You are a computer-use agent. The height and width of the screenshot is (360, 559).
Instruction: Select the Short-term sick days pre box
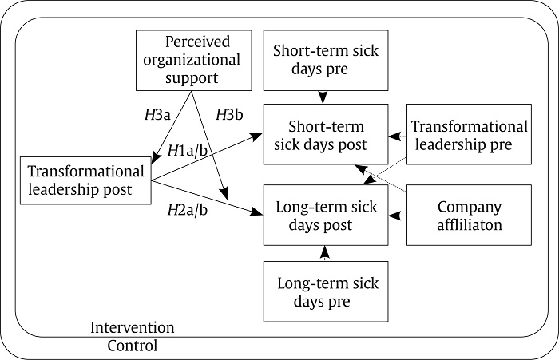click(x=325, y=60)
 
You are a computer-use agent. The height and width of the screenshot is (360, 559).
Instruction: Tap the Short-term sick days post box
click(x=325, y=135)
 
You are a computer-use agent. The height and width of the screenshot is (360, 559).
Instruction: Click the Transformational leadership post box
click(x=85, y=180)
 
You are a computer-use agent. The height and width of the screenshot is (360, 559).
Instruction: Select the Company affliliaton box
click(x=469, y=215)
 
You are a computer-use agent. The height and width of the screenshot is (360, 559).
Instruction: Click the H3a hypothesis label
click(x=157, y=114)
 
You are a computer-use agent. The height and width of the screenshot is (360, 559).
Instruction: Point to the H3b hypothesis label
click(x=229, y=114)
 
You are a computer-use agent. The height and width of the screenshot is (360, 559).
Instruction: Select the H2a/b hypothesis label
click(x=188, y=210)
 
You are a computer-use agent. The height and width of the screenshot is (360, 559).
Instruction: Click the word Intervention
click(x=132, y=328)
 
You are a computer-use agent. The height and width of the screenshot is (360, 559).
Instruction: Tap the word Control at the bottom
click(x=133, y=346)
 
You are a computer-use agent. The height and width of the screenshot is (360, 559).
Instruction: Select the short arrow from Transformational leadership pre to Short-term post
click(x=396, y=136)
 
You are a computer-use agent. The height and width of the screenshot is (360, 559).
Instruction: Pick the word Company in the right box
click(x=470, y=207)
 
